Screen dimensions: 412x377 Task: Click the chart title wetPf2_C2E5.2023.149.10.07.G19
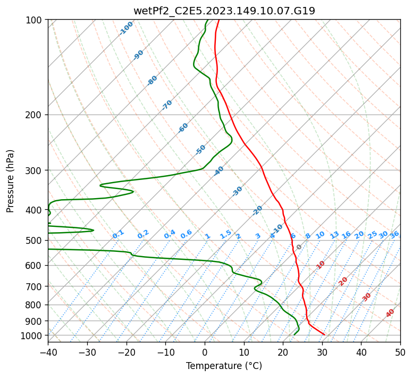click(224, 11)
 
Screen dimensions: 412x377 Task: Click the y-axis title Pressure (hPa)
click(10, 181)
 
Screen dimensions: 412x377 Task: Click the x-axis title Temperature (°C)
click(224, 366)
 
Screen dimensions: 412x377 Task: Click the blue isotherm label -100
click(126, 28)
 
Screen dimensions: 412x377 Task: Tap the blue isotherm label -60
click(183, 128)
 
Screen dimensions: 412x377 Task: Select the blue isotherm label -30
click(237, 191)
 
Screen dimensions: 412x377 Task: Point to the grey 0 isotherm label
click(299, 247)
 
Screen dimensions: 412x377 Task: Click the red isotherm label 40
click(390, 313)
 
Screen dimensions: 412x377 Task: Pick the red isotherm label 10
click(321, 265)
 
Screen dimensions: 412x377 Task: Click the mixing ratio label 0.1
click(118, 234)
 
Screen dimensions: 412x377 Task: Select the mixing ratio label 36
click(394, 235)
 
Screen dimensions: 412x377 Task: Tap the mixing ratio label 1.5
click(225, 234)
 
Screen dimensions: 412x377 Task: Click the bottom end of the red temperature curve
click(324, 335)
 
